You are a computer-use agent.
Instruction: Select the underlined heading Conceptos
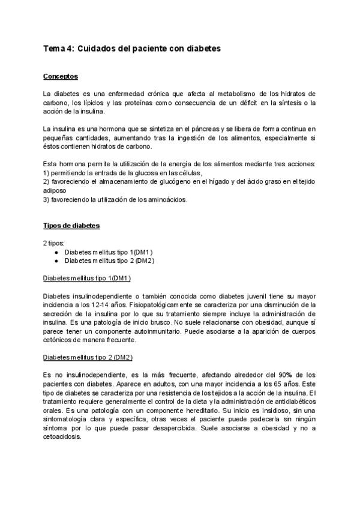pos(61,77)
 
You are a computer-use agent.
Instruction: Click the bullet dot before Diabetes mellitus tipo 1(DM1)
pos(56,252)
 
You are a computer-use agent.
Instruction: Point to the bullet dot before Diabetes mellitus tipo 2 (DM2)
pos(56,261)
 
